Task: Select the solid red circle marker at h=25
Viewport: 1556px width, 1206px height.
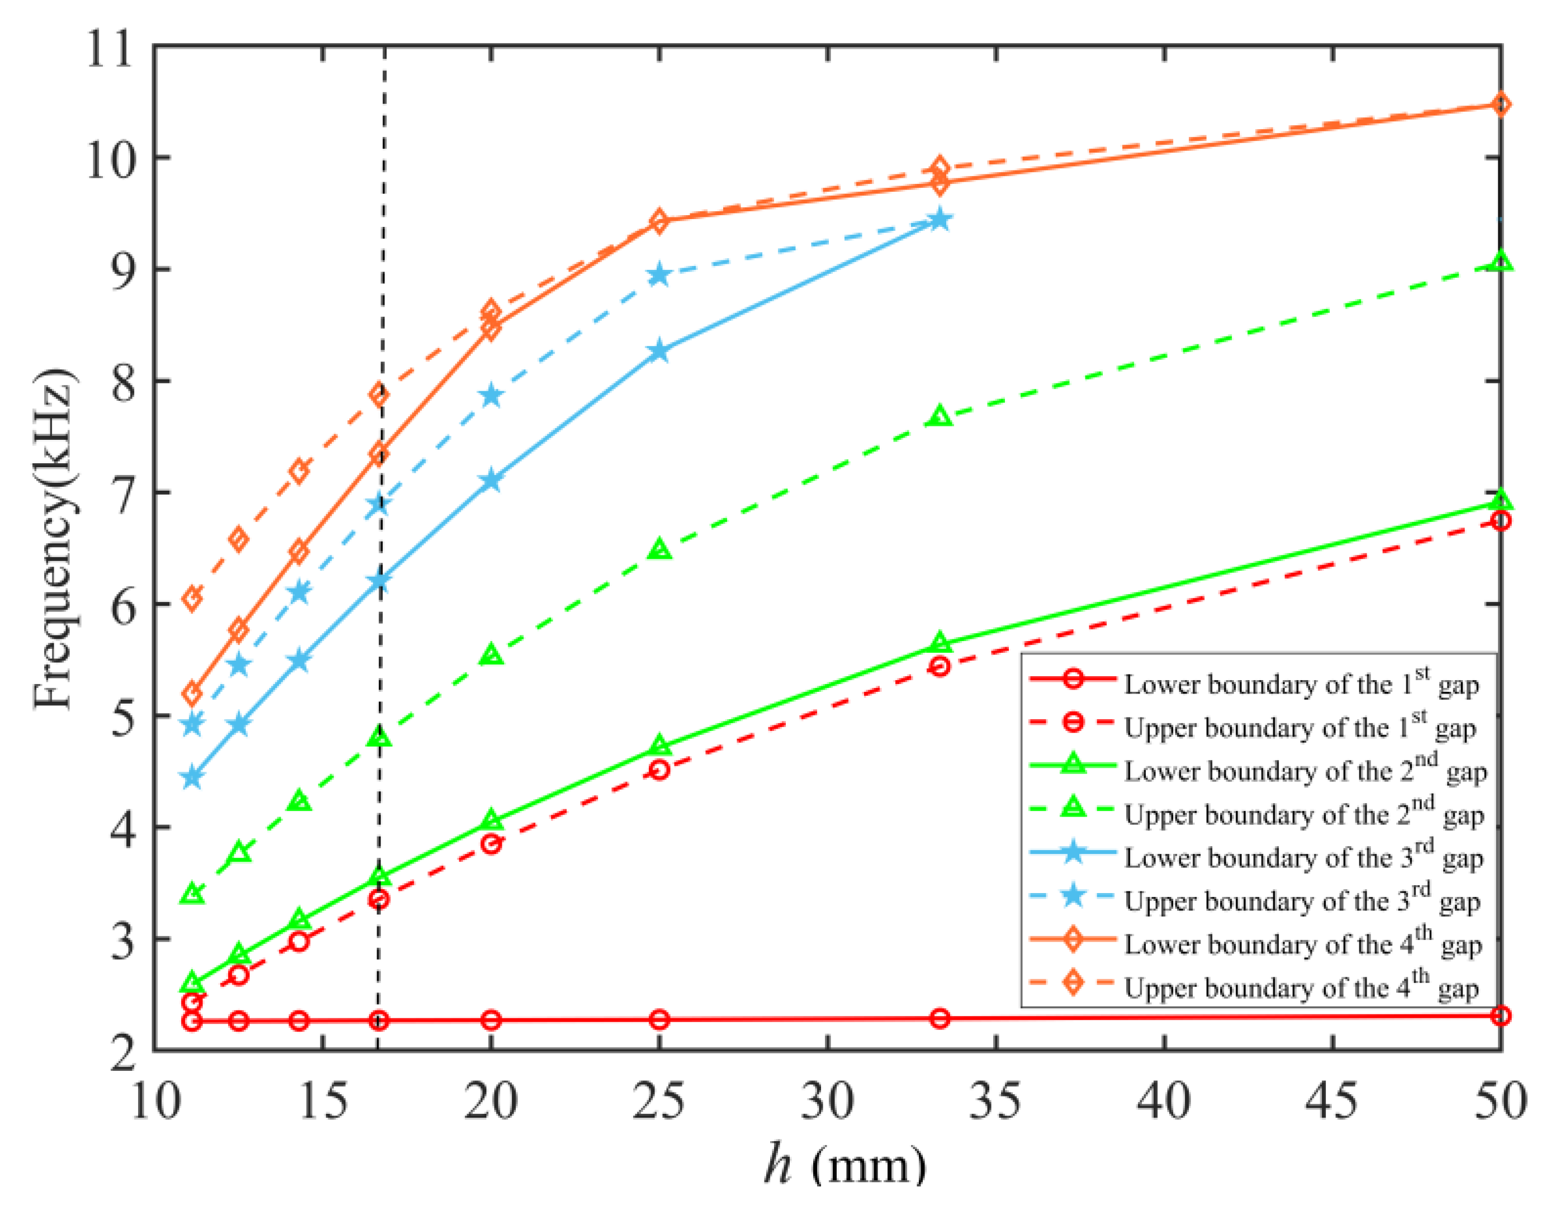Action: tap(660, 1019)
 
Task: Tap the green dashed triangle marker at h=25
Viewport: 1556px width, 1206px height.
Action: tap(660, 549)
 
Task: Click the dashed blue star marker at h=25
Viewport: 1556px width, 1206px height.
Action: tap(660, 275)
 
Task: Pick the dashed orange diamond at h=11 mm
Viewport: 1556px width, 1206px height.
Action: tap(192, 599)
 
